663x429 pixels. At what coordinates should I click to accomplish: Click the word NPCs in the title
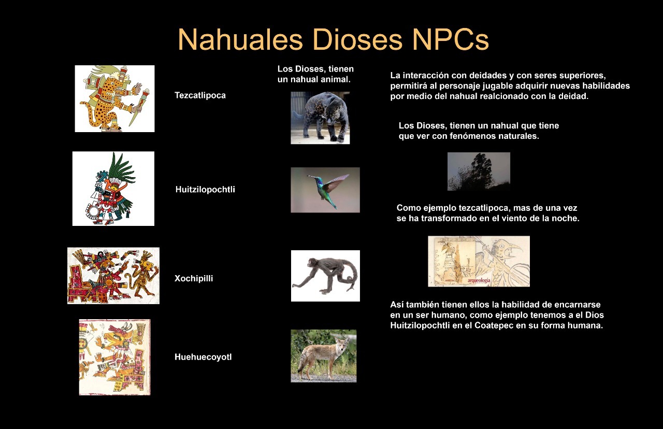450,40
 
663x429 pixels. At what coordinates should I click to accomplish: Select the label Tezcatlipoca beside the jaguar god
200,95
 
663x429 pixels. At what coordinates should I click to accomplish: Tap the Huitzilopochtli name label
205,190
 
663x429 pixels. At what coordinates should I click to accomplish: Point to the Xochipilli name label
194,278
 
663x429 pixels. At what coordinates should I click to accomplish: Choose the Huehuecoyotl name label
203,357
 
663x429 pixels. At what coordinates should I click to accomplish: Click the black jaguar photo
320,118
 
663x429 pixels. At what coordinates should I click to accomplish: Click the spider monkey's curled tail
349,275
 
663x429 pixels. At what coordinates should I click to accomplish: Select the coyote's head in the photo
341,345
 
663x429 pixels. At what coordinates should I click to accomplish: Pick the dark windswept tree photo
479,171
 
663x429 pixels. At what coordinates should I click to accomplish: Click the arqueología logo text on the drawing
479,280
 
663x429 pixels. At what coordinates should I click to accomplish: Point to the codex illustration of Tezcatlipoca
114,98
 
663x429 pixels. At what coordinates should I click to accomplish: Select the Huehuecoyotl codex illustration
114,357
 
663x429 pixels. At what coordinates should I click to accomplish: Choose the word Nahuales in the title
240,40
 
